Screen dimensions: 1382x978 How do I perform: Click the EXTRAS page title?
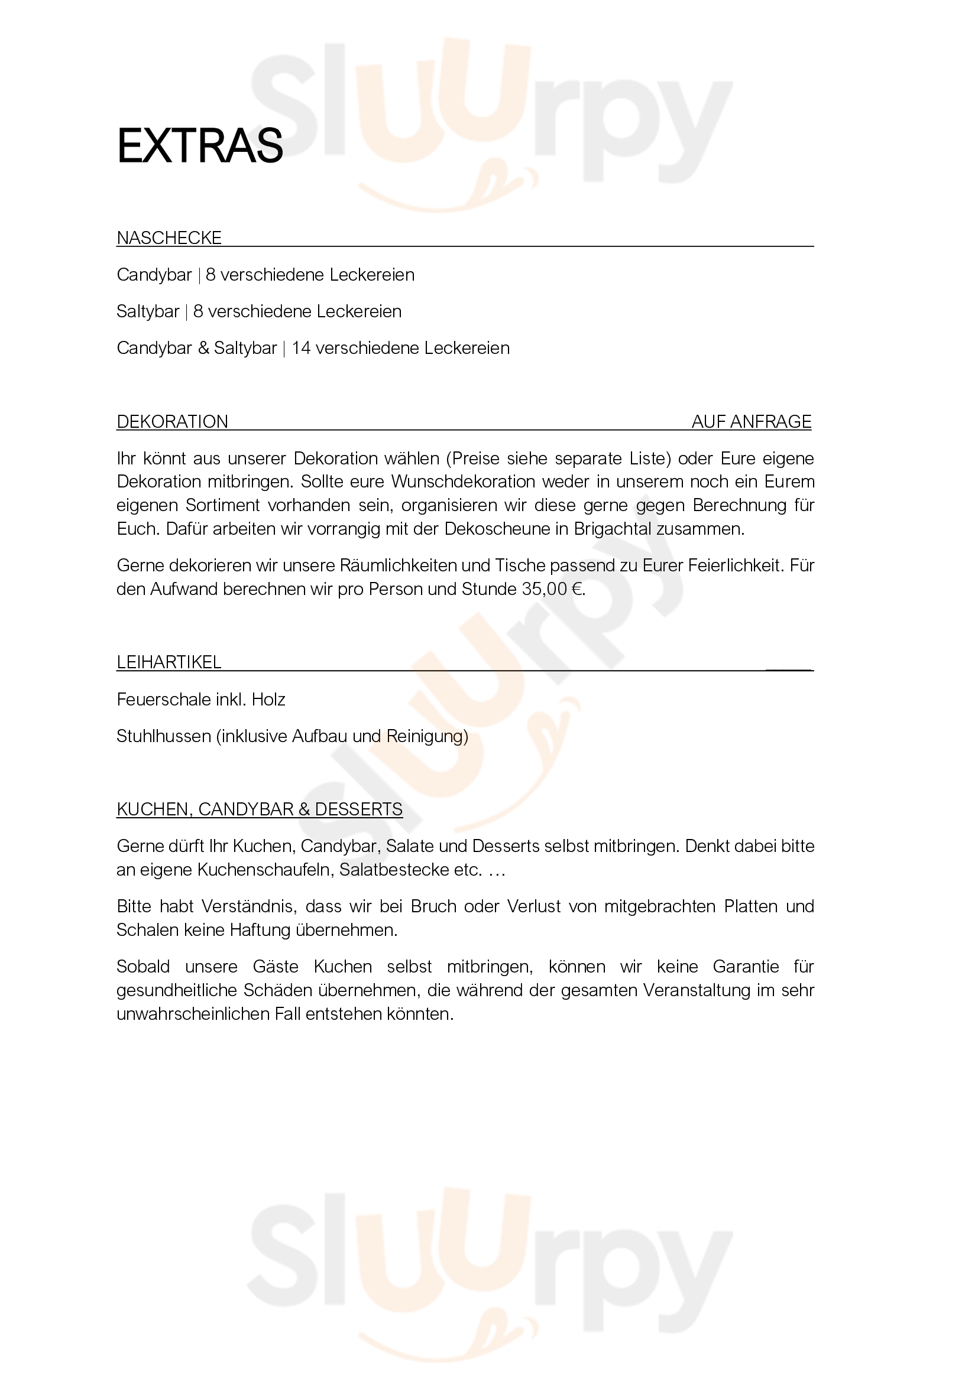(199, 147)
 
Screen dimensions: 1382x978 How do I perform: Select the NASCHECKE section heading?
(169, 238)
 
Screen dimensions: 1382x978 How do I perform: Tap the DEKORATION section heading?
(172, 422)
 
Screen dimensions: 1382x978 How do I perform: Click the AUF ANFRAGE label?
(751, 422)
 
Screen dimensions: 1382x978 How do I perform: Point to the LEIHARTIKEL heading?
(169, 663)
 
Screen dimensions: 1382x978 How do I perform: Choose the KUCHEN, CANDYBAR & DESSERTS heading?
(259, 809)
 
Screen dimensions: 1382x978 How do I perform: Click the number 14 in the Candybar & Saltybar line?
(300, 349)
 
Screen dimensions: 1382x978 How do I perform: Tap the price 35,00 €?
(552, 589)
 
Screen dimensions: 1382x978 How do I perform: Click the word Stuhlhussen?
(163, 736)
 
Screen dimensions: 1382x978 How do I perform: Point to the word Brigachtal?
(613, 529)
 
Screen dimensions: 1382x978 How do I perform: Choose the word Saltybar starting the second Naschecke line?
(148, 312)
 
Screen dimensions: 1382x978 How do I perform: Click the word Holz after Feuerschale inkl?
(268, 700)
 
